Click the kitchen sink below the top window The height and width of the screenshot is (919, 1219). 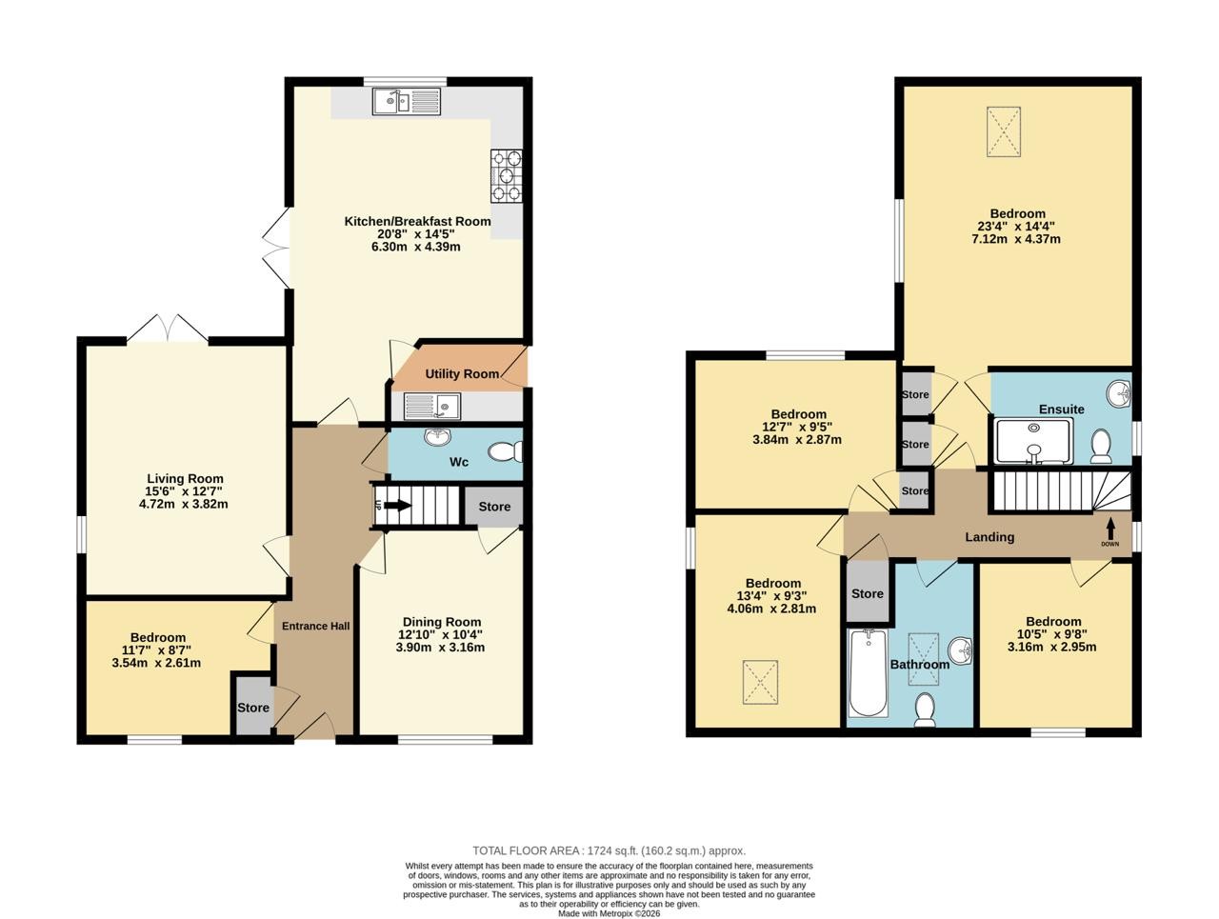click(x=407, y=102)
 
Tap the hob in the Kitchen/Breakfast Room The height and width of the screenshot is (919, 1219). click(x=506, y=176)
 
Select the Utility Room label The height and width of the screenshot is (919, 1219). click(x=462, y=373)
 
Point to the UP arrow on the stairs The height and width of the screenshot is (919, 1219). click(x=397, y=506)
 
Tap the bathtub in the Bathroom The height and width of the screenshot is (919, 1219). click(x=868, y=673)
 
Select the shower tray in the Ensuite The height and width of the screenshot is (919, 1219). click(x=1034, y=442)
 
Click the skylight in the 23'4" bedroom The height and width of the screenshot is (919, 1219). click(x=1003, y=132)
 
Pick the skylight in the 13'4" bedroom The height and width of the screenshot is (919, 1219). click(x=760, y=682)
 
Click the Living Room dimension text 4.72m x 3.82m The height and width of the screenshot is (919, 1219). click(x=183, y=504)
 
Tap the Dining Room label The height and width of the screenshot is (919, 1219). click(x=442, y=622)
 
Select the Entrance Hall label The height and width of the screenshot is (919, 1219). click(x=315, y=626)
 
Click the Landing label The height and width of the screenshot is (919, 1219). click(x=989, y=537)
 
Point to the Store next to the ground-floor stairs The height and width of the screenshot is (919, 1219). click(x=493, y=507)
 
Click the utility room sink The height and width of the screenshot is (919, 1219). click(x=431, y=406)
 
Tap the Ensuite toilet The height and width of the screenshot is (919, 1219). click(x=1100, y=446)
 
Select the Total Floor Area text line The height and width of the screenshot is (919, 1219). click(x=609, y=850)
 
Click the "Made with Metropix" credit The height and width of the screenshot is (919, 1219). click(x=609, y=913)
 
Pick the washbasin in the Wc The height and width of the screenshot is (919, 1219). click(x=437, y=436)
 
